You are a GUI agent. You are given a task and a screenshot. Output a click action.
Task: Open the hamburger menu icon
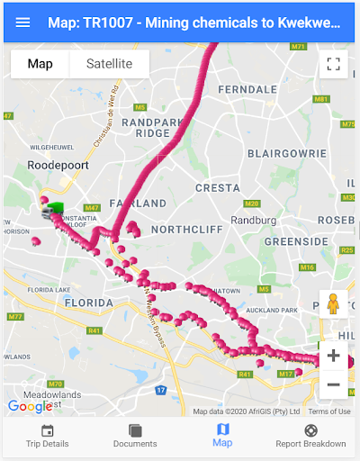tap(22, 23)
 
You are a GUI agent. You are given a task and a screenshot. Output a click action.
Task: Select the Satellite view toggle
tap(108, 64)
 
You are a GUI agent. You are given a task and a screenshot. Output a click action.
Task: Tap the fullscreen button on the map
tap(333, 64)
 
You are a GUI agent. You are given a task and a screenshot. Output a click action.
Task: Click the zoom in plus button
tap(333, 356)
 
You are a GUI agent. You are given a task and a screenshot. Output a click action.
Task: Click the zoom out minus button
tap(333, 384)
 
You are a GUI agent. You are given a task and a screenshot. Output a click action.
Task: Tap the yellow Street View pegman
tap(333, 304)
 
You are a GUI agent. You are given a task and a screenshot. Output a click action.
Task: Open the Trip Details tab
tap(47, 436)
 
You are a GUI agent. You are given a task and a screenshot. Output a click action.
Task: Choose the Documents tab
tap(135, 436)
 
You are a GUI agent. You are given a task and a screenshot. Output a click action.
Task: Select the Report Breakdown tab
tap(310, 436)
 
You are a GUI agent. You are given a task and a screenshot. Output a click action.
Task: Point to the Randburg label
tap(253, 220)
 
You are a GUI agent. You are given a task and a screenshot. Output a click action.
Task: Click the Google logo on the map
tap(31, 407)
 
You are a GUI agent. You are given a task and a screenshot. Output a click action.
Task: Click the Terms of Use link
tap(328, 411)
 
